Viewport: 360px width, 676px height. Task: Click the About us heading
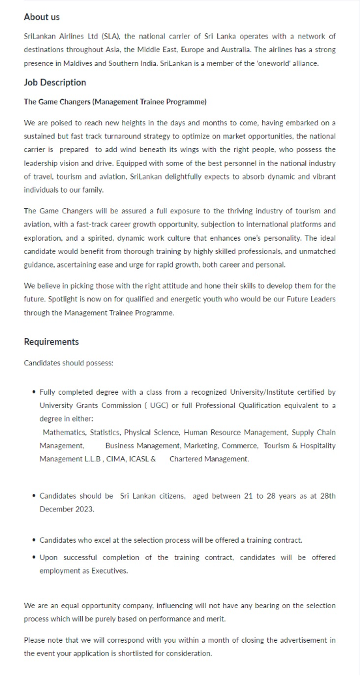coord(42,17)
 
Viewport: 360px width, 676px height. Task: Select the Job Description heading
coord(55,82)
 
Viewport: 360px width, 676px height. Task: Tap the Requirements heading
coord(52,342)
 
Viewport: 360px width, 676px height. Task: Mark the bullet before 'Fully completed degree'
coord(34,393)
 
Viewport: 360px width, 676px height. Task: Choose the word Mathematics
coord(64,433)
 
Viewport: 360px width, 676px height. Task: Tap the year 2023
coord(84,510)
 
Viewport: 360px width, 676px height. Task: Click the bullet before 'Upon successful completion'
coord(34,558)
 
